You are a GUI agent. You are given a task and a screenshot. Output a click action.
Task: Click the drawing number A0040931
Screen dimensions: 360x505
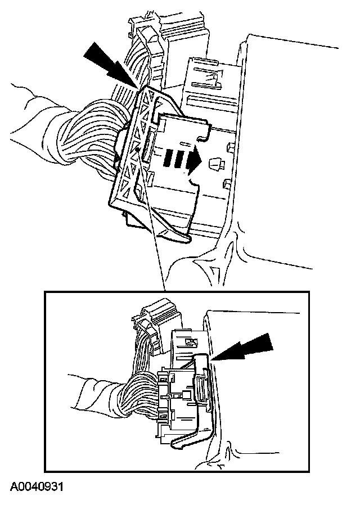(37, 486)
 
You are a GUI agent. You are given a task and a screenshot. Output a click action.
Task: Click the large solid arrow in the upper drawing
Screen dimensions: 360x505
(110, 65)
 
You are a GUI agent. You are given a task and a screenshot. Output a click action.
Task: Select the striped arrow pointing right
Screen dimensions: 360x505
(182, 159)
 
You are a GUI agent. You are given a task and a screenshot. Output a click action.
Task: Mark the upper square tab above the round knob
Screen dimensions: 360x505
(230, 147)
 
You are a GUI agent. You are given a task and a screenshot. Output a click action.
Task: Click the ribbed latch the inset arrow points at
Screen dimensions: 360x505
(201, 384)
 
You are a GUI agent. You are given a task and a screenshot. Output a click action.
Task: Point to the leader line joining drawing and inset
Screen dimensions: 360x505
(151, 219)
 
